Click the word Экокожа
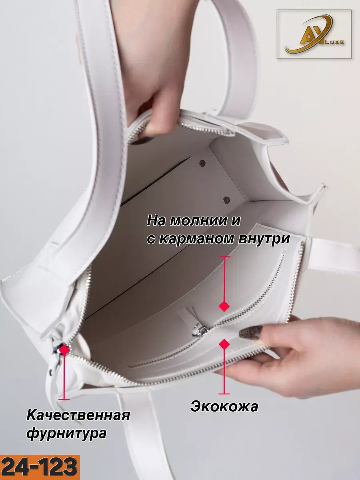[x=224, y=406]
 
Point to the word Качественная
[x=78, y=415]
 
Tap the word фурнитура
[x=66, y=434]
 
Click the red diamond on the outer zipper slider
[x=64, y=350]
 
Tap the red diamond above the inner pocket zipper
[x=224, y=306]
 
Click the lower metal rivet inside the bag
[x=226, y=199]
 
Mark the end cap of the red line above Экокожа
[x=224, y=393]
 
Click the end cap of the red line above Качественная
[x=64, y=398]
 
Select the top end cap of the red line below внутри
[x=224, y=257]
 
